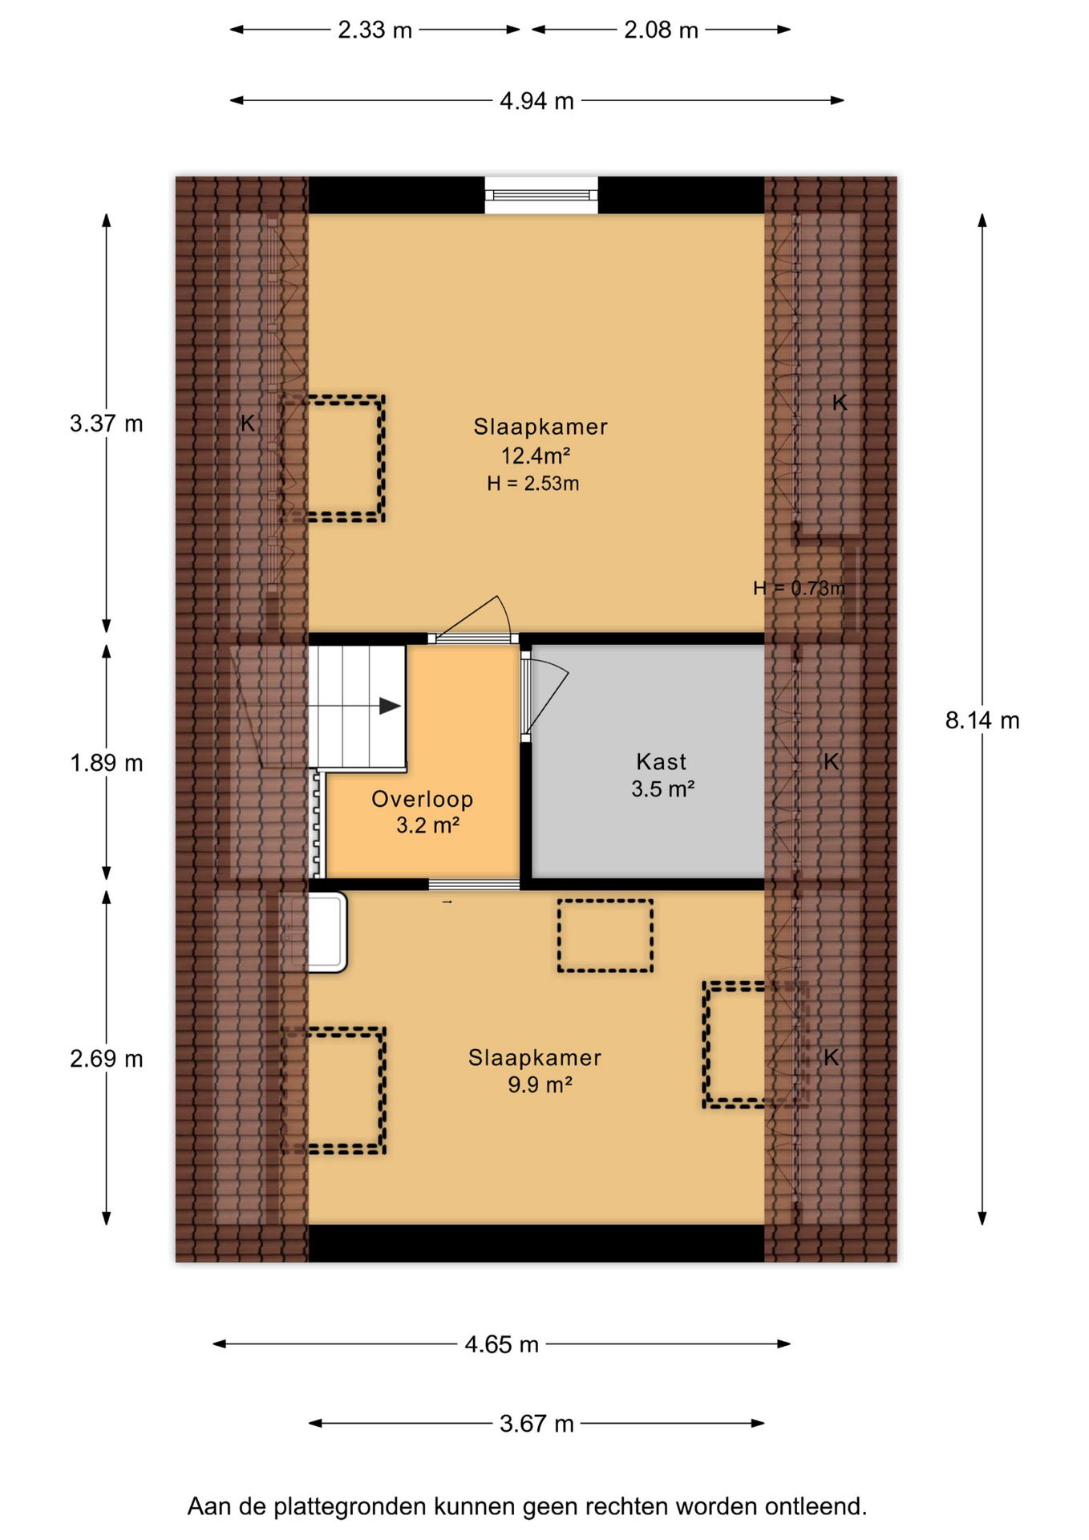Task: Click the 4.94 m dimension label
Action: [x=536, y=101]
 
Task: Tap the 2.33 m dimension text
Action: [x=374, y=30]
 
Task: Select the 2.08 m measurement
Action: [x=661, y=30]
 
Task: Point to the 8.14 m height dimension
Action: [x=982, y=720]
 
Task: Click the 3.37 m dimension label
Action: [x=106, y=423]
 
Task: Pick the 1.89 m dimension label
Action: [x=106, y=763]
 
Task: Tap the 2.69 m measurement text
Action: [x=106, y=1059]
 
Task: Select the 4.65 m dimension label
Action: [x=501, y=1344]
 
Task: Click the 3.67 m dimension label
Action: [x=536, y=1424]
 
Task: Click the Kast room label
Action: [x=662, y=761]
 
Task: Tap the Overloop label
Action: [x=423, y=799]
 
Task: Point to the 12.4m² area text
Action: [x=536, y=456]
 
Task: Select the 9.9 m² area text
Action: [x=540, y=1085]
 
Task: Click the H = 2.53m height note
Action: [x=533, y=484]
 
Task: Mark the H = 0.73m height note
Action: [x=799, y=589]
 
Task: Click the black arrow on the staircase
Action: [x=390, y=706]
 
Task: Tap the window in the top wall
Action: [x=541, y=195]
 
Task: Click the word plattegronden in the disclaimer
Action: [x=350, y=1507]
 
